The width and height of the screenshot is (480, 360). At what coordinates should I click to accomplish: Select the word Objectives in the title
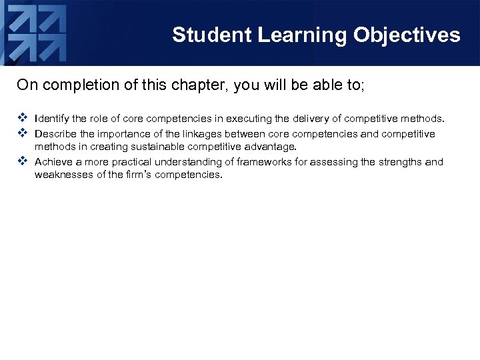(407, 35)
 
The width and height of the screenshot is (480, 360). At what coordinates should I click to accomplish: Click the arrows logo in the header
(37, 33)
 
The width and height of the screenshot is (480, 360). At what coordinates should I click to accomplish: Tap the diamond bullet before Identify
(22, 119)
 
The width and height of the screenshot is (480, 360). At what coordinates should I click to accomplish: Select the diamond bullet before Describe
(22, 133)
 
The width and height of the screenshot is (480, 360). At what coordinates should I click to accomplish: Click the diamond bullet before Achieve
(22, 161)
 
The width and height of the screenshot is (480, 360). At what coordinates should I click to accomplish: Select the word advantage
(271, 147)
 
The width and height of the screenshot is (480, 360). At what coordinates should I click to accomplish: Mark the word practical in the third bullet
(129, 162)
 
